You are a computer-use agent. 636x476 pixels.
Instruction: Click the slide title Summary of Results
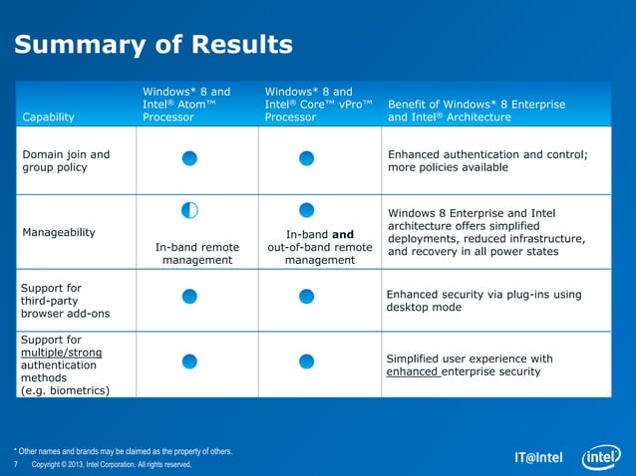tap(153, 45)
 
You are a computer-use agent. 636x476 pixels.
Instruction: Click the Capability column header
tap(49, 118)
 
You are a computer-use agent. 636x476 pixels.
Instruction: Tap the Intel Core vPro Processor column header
tap(318, 104)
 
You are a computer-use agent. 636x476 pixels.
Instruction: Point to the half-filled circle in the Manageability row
tap(189, 210)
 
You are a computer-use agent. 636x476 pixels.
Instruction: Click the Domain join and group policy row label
tap(66, 160)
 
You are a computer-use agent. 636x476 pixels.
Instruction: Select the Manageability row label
tap(59, 232)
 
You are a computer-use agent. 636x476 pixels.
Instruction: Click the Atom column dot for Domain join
tap(189, 159)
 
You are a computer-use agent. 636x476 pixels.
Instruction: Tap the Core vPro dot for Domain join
tap(307, 159)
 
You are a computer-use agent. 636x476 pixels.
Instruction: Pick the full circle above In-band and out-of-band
tap(307, 209)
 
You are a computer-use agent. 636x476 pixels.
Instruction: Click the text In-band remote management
tap(196, 253)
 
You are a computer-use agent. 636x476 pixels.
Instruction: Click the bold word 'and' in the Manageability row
tap(341, 235)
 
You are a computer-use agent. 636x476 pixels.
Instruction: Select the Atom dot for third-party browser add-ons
tap(189, 295)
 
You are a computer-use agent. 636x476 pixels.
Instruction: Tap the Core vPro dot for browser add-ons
tap(307, 295)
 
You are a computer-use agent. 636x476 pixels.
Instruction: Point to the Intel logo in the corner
tap(599, 457)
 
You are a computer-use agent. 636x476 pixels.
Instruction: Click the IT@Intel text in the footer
tap(538, 459)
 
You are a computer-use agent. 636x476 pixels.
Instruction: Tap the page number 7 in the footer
tap(16, 465)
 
